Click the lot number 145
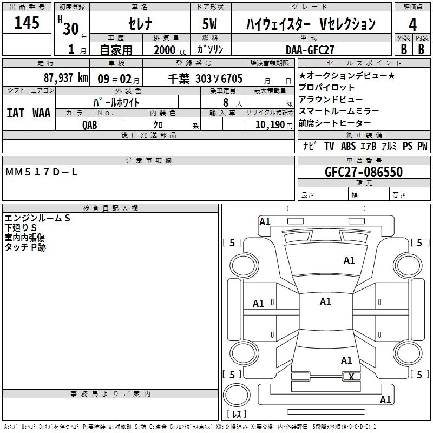point(27,22)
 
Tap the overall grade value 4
point(412,24)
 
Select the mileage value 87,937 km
point(65,78)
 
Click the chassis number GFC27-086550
point(364,172)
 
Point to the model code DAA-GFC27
point(310,50)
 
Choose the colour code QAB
point(90,125)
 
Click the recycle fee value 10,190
point(270,125)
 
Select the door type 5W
point(209,24)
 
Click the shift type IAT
point(15,113)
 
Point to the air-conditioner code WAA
point(42,113)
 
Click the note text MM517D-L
point(41,172)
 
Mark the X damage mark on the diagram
point(351,377)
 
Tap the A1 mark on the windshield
point(349,260)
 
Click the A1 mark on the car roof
point(325,301)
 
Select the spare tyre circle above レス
point(237,395)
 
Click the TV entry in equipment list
point(329,146)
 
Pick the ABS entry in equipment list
point(348,146)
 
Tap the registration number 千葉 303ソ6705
point(205,78)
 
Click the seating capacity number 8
point(226,102)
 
